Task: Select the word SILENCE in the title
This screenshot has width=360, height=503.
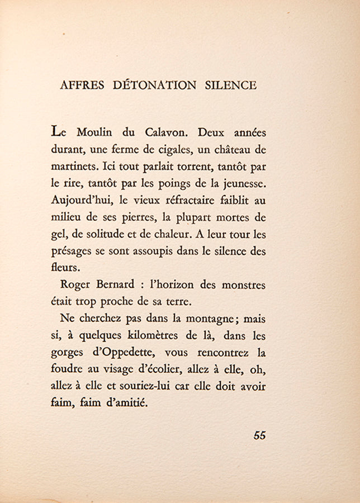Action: tap(229, 86)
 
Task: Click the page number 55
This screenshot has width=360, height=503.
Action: tap(259, 436)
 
